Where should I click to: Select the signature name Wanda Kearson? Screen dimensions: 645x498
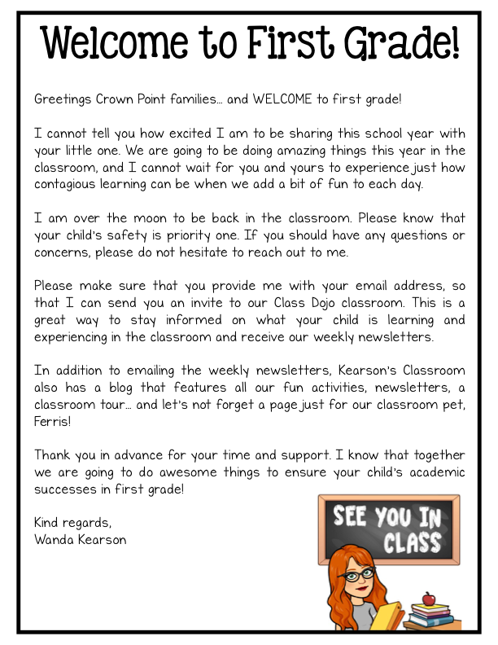80,539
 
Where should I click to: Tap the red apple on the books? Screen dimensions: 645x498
429,599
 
